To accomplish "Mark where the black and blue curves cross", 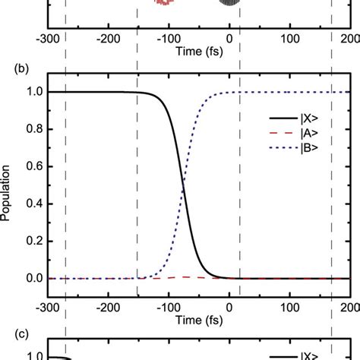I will (183, 185).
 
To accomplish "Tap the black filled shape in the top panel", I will (228, 3).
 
